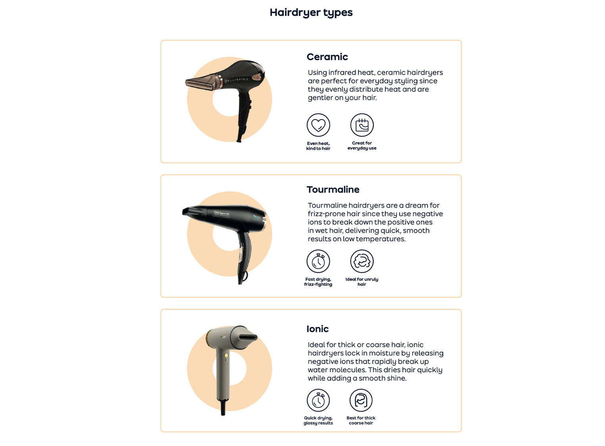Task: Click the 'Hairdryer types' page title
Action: [x=311, y=13]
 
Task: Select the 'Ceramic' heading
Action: [x=327, y=57]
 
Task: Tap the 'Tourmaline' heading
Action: [x=333, y=190]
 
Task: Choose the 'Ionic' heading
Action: [x=317, y=329]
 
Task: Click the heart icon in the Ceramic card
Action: [x=318, y=125]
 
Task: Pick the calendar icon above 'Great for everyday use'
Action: [x=362, y=125]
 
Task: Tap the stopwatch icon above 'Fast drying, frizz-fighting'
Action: [x=318, y=261]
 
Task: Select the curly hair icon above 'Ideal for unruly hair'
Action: [x=362, y=261]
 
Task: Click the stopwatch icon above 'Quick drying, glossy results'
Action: [x=318, y=400]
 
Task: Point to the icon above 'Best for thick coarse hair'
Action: [x=361, y=400]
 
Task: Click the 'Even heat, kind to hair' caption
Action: [x=318, y=146]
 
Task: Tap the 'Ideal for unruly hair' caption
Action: [x=362, y=282]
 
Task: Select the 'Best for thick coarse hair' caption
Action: [x=361, y=420]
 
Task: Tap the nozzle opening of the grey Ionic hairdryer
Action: [x=248, y=337]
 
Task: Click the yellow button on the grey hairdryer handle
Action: [x=226, y=356]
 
